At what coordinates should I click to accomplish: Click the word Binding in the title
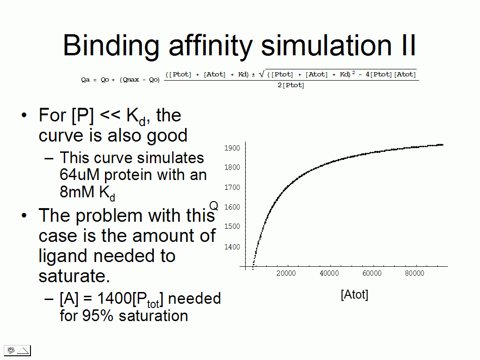(x=111, y=45)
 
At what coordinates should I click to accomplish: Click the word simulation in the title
(x=326, y=45)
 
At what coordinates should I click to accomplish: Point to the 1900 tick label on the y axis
(x=232, y=148)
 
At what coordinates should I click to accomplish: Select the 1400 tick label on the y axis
(x=232, y=247)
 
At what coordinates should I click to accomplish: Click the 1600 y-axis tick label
(x=232, y=207)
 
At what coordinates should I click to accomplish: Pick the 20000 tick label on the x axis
(x=286, y=273)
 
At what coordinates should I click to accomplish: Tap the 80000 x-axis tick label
(x=414, y=273)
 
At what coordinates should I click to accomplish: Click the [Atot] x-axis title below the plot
(x=354, y=294)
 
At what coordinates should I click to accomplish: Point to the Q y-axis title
(x=214, y=206)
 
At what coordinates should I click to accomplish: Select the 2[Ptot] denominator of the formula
(x=291, y=85)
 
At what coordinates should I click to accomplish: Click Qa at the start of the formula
(x=85, y=80)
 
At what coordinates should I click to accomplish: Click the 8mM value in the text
(x=77, y=192)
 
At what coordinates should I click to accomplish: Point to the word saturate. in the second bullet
(x=74, y=276)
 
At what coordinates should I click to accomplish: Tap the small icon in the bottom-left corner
(x=17, y=350)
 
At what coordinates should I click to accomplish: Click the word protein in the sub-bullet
(x=128, y=175)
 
